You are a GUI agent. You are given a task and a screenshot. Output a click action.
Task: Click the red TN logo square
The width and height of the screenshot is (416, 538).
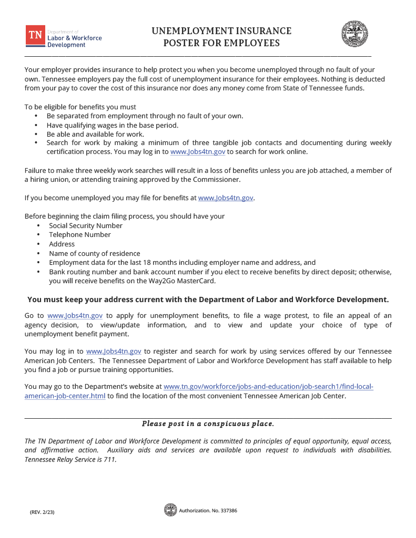(36, 35)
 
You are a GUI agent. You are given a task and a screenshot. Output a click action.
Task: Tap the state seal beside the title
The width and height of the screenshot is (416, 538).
(355, 34)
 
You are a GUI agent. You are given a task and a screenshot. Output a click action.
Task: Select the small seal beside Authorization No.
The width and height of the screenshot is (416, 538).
(170, 510)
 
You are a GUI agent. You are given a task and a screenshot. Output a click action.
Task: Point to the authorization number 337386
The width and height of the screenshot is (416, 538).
(227, 510)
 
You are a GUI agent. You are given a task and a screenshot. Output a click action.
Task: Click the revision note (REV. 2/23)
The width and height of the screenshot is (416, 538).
(42, 512)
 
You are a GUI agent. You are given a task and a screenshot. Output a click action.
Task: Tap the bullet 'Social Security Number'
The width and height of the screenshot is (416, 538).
(86, 225)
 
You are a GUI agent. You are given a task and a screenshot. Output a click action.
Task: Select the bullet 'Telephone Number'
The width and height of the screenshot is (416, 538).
(80, 235)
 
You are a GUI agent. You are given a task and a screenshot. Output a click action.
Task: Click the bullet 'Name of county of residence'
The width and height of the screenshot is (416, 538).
(95, 253)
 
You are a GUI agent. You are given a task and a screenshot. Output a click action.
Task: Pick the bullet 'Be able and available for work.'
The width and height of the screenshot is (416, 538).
(95, 134)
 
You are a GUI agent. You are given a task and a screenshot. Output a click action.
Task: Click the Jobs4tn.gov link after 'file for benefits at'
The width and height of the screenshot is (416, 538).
(226, 198)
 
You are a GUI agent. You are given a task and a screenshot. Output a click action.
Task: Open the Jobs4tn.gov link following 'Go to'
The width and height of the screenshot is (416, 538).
(75, 316)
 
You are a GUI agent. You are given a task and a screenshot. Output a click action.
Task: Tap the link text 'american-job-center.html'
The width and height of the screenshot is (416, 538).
(65, 396)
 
